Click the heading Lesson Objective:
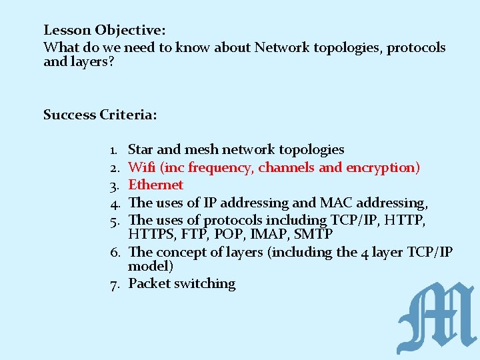click(x=105, y=30)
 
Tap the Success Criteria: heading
click(x=100, y=115)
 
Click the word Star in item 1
click(x=141, y=149)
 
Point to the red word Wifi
click(x=141, y=167)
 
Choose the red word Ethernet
click(x=155, y=185)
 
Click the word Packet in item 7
click(x=149, y=283)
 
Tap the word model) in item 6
click(x=151, y=266)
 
